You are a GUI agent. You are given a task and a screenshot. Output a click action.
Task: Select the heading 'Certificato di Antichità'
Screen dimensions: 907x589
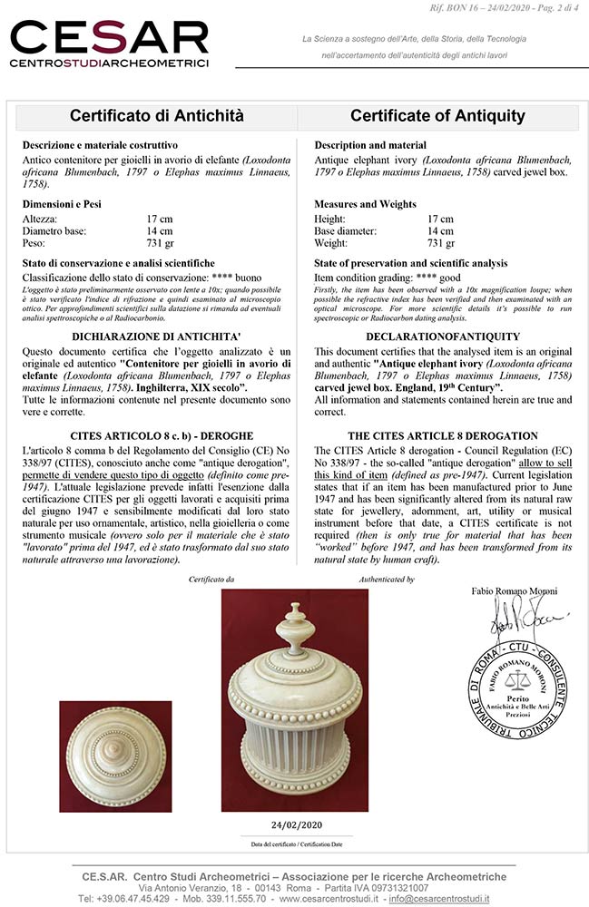pyautogui.click(x=157, y=116)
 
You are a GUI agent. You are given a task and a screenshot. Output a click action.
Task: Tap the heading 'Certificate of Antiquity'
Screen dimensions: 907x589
pyautogui.click(x=437, y=116)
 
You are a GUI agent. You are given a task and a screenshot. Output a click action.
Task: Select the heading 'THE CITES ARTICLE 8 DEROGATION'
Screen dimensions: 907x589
pyautogui.click(x=443, y=435)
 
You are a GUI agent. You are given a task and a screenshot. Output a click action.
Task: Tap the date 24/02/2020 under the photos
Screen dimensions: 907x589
pyautogui.click(x=295, y=824)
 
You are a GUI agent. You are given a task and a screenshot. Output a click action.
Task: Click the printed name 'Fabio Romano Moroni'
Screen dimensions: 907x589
pyautogui.click(x=515, y=591)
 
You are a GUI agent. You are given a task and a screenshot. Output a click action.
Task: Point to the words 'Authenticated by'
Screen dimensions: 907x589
pyautogui.click(x=386, y=579)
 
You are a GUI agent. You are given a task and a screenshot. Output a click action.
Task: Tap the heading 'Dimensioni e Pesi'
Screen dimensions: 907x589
pyautogui.click(x=62, y=204)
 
